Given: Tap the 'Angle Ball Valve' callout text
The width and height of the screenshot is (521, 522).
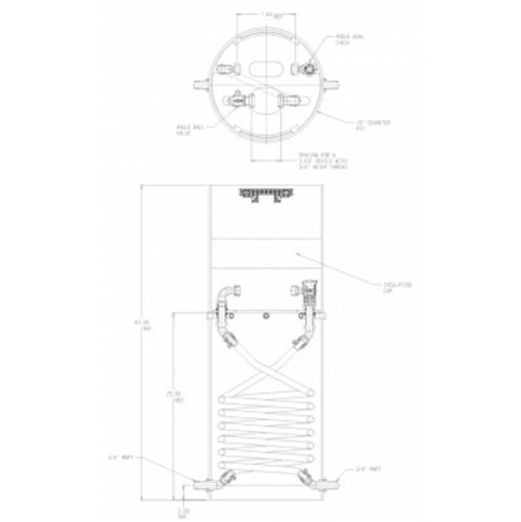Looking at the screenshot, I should click(x=185, y=129).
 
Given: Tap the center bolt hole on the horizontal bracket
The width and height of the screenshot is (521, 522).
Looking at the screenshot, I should click(x=267, y=316).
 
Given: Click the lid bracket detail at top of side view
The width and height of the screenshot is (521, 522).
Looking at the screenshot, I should click(x=266, y=195).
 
